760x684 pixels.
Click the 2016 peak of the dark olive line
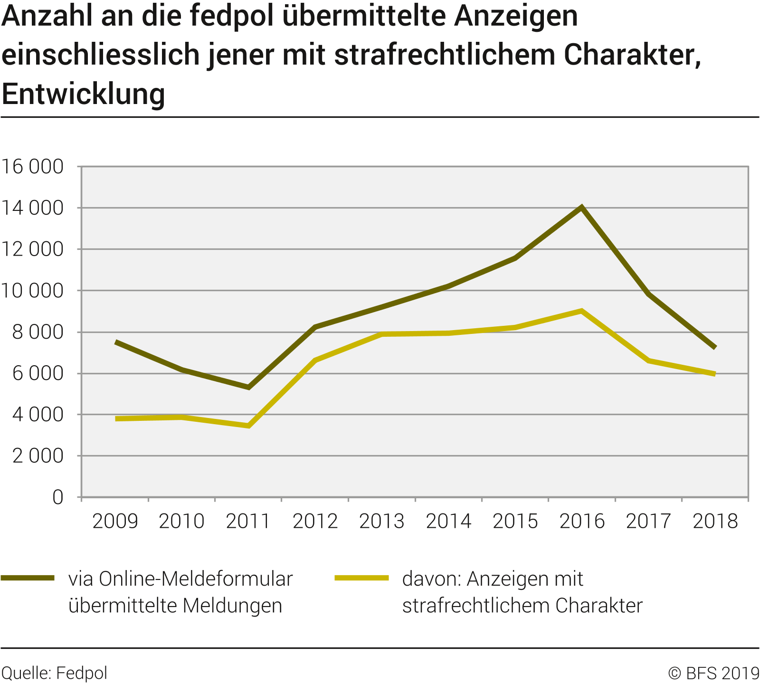[581, 208]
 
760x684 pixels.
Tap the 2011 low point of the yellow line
[248, 426]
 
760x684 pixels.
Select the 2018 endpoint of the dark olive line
[714, 347]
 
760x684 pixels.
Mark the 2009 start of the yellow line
[116, 418]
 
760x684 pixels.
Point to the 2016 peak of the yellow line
[581, 311]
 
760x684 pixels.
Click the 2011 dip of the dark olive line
[248, 387]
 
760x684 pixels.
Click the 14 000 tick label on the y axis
[32, 208]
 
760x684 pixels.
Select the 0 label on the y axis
[57, 497]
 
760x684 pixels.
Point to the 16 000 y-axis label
[32, 167]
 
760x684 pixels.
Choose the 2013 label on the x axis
[381, 521]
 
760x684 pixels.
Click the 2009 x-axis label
[115, 521]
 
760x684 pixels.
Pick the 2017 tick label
[648, 521]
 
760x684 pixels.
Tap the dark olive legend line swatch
[28, 578]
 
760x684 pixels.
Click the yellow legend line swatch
[361, 578]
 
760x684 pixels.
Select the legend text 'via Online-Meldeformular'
[180, 579]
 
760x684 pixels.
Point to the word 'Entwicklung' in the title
[84, 94]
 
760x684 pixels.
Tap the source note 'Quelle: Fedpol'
[55, 673]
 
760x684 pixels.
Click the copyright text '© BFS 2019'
[713, 673]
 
